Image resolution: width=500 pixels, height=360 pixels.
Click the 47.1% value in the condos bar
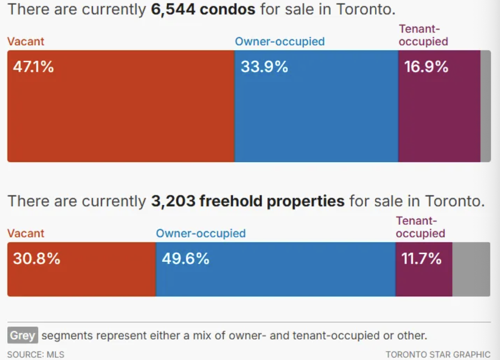pos(33,67)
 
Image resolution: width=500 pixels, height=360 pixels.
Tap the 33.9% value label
pos(264,67)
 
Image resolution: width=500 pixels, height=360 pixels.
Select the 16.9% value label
pos(426,67)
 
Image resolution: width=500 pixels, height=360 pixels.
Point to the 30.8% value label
pos(36,259)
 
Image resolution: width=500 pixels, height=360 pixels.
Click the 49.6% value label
pos(185,259)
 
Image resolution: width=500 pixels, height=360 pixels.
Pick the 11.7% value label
pos(422,259)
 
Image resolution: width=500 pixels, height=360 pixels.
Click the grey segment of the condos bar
pos(485,106)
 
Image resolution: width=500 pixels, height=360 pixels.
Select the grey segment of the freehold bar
pos(471,269)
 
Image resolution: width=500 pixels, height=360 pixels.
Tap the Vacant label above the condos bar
pos(26,41)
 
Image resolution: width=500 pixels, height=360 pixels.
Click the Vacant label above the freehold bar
pos(26,233)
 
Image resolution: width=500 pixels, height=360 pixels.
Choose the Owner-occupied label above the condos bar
pos(280,41)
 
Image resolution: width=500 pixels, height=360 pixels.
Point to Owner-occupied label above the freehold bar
pos(201,233)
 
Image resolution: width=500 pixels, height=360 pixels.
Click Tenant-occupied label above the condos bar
pos(423,35)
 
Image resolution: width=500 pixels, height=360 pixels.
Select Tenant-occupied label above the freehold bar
pos(420,227)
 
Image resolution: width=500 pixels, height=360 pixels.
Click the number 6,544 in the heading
pos(172,9)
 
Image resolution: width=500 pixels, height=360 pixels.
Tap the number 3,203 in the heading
pos(173,201)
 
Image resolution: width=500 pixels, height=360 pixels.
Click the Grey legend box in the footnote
pos(22,335)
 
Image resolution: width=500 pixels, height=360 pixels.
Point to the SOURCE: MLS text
pos(36,354)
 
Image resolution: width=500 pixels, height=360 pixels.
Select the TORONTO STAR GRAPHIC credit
pos(438,354)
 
